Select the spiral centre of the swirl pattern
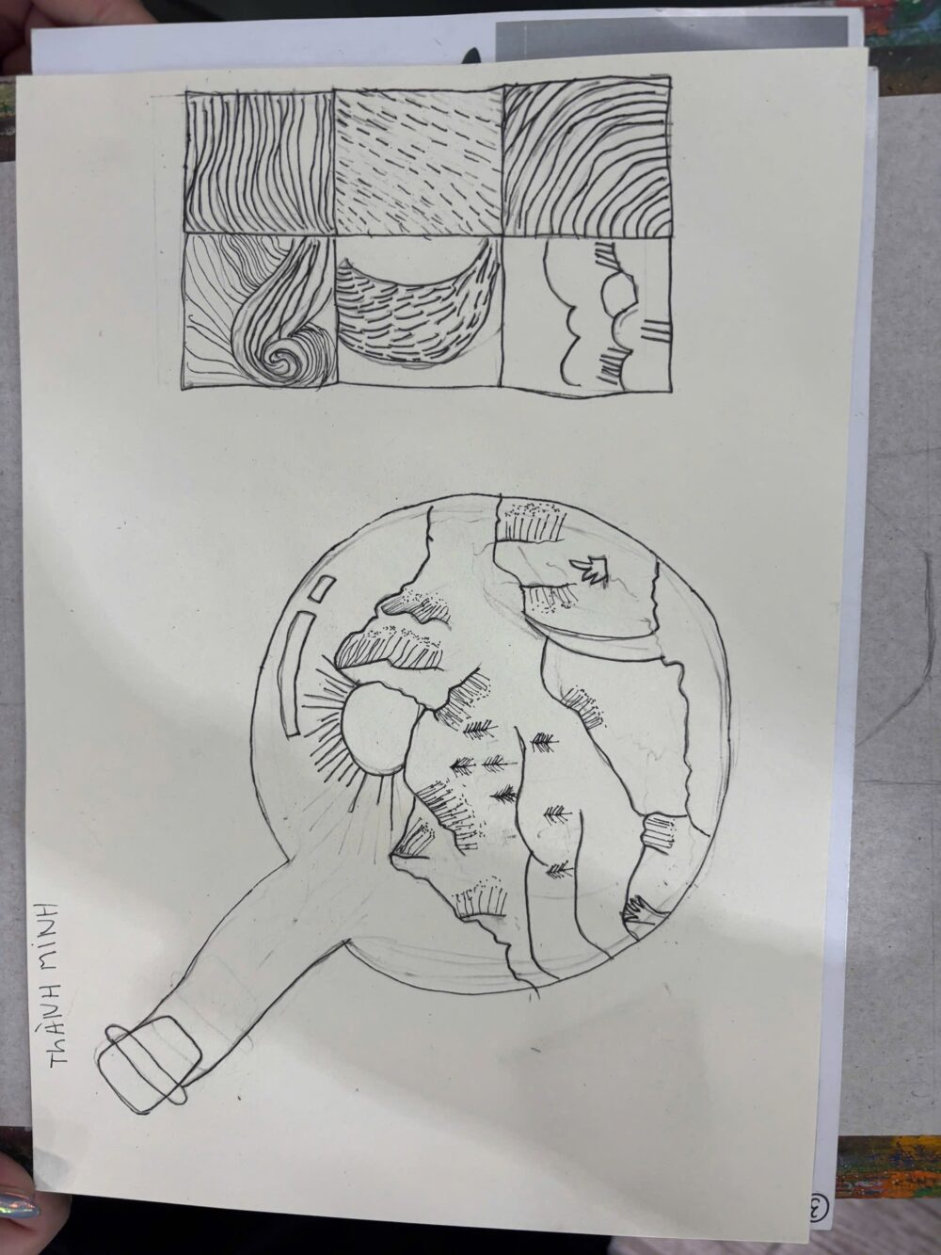284,359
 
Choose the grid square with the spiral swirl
260,313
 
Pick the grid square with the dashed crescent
420,311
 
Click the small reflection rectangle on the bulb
322,589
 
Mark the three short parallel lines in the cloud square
654,330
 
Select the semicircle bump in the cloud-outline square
617,296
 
